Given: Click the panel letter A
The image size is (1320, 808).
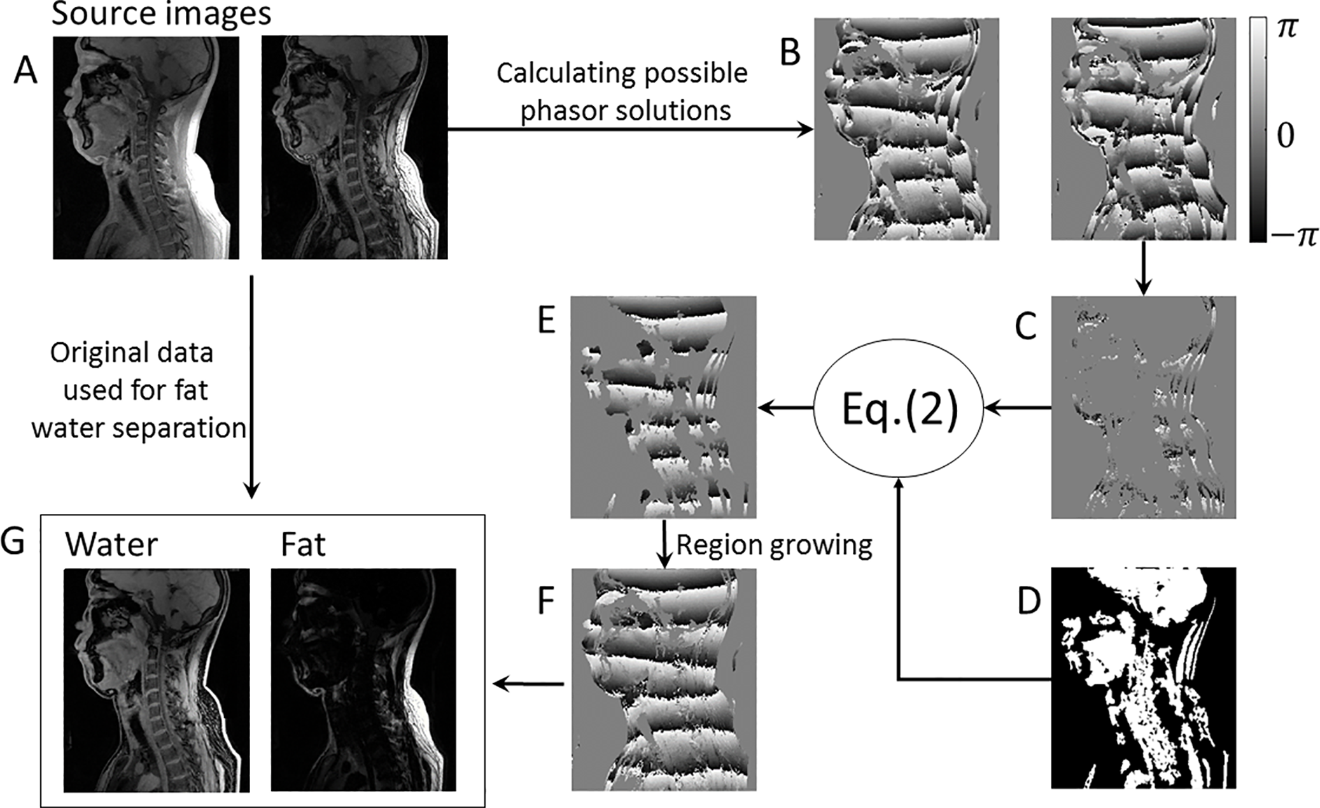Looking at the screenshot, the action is click(x=25, y=71).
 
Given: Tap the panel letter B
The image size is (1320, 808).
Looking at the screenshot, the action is click(x=790, y=52).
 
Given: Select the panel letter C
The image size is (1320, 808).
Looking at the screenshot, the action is click(x=1026, y=326).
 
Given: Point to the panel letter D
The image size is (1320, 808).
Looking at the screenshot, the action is click(x=1029, y=601).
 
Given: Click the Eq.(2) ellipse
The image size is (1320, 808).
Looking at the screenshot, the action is click(x=899, y=408).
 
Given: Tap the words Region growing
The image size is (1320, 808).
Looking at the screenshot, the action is click(x=773, y=546).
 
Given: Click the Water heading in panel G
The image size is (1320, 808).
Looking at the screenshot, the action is click(x=111, y=545).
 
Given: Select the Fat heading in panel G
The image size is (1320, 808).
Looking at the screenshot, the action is click(x=303, y=545).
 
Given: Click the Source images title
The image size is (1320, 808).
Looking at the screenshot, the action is click(x=161, y=14).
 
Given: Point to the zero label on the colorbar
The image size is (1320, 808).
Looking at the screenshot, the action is click(x=1286, y=136).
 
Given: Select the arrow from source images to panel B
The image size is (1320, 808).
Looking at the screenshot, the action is click(x=630, y=130).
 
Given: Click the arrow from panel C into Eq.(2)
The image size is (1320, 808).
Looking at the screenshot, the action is click(x=1016, y=409).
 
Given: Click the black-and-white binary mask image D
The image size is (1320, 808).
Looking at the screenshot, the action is click(x=1143, y=677).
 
